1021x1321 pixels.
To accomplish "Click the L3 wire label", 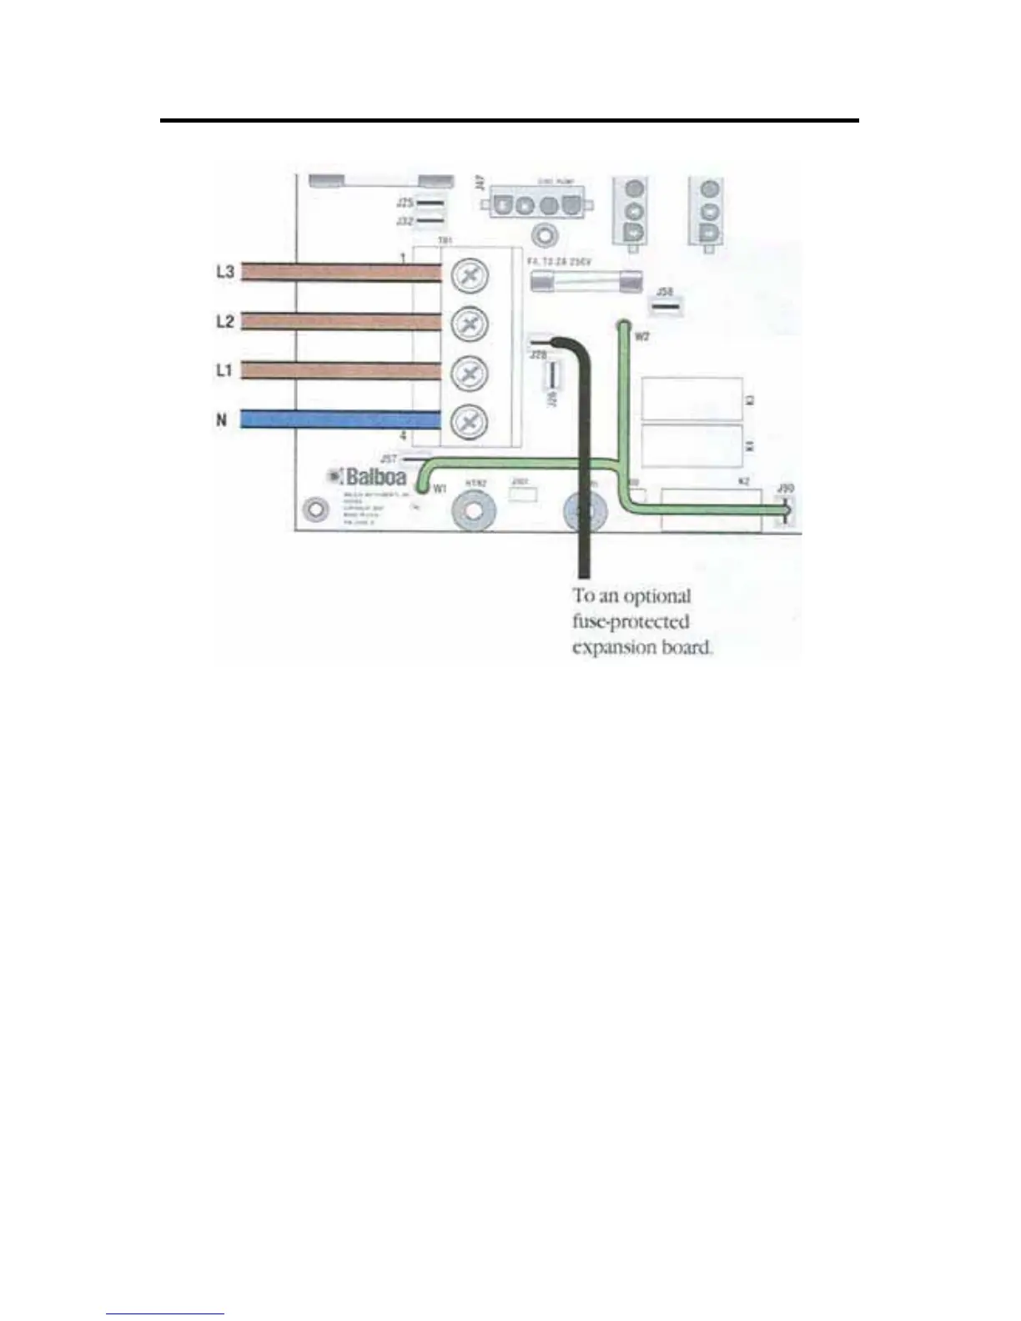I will (225, 271).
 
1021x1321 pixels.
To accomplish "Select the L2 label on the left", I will (225, 320).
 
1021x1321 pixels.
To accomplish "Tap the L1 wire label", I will (224, 369).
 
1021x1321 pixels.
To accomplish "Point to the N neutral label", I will (222, 419).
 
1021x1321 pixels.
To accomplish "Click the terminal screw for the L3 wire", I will (470, 276).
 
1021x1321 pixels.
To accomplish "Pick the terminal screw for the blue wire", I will (469, 422).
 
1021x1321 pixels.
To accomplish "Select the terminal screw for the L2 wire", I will (470, 324).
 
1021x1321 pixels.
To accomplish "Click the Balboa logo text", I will (375, 477).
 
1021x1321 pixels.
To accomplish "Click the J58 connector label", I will (665, 292).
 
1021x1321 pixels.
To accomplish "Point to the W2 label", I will (641, 336).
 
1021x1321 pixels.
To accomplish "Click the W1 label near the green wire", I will (440, 489).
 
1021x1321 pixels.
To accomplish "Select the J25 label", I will (405, 203).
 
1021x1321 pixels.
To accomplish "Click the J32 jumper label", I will (405, 220).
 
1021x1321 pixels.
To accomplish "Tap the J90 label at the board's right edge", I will (785, 488).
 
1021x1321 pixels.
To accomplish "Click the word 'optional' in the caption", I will (656, 597).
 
